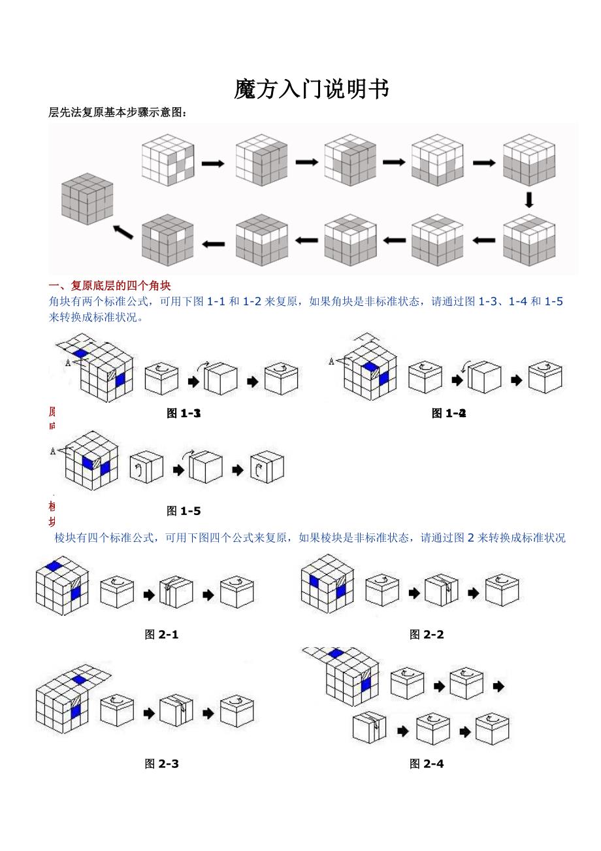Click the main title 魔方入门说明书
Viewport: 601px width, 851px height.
(312, 89)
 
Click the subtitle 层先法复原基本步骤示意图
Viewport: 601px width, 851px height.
(118, 113)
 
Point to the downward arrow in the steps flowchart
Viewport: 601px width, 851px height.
(529, 199)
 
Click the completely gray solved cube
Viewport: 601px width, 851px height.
(87, 199)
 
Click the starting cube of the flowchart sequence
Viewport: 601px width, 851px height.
(168, 160)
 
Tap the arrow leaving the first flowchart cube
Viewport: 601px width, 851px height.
(212, 163)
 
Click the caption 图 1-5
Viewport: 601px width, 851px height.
(184, 510)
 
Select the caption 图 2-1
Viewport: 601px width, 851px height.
(161, 634)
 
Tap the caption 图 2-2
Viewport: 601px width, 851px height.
(427, 634)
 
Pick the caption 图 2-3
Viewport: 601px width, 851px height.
(161, 763)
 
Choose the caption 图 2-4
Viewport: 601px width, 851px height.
(427, 763)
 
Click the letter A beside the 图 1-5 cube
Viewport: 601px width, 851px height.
(52, 451)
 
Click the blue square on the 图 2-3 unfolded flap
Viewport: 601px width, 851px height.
(79, 680)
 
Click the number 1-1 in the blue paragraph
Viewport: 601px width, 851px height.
(215, 301)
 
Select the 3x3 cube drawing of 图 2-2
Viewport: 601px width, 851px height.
(327, 583)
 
